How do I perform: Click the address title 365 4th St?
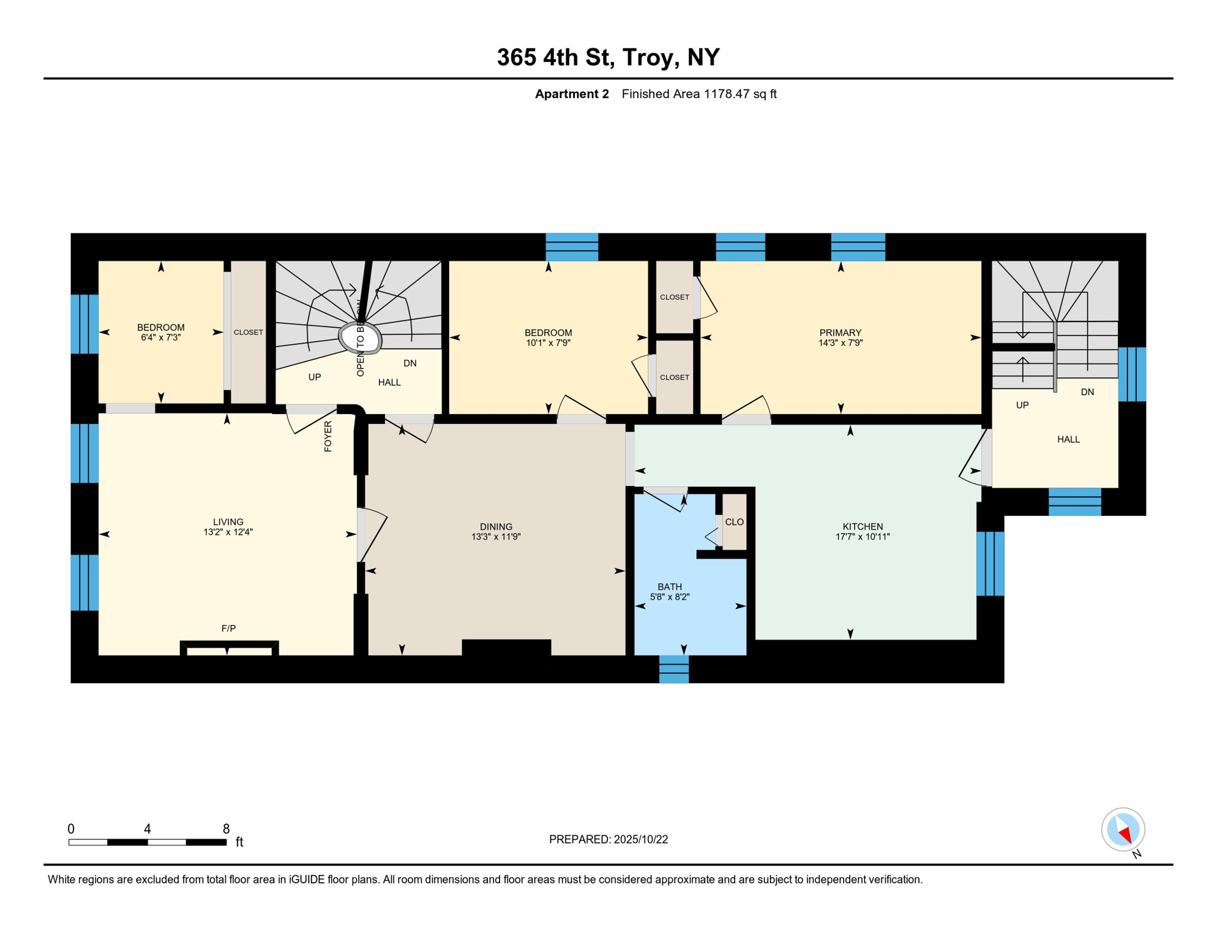[x=607, y=58]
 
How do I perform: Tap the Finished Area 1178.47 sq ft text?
[x=698, y=94]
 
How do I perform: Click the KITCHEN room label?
[x=863, y=527]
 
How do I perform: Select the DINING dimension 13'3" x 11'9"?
[x=496, y=537]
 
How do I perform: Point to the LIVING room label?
[x=228, y=522]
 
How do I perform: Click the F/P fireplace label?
[x=228, y=629]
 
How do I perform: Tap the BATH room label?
[x=670, y=587]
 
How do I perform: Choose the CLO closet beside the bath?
[x=734, y=522]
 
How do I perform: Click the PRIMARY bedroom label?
[x=840, y=333]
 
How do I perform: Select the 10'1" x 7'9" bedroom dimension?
[x=548, y=343]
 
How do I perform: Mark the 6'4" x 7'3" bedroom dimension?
[x=160, y=338]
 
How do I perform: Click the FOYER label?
[x=328, y=436]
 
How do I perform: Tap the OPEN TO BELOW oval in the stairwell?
[x=361, y=338]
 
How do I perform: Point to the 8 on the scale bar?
[x=226, y=829]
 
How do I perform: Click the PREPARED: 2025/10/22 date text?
[x=608, y=839]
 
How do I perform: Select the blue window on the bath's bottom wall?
[x=673, y=669]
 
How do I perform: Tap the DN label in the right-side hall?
[x=1087, y=392]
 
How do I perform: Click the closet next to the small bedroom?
[x=248, y=333]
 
